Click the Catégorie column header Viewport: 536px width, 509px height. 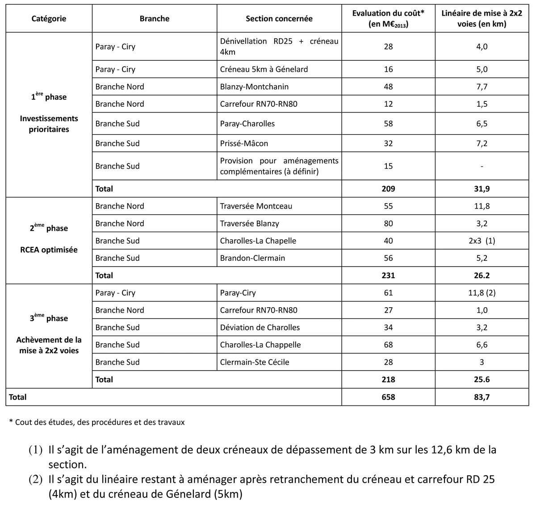49,19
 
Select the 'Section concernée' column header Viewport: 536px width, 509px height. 279,19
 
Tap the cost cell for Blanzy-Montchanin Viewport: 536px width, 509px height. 388,87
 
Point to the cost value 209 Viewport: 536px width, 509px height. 388,189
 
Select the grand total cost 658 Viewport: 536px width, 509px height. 388,397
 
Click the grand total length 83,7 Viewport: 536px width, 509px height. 482,397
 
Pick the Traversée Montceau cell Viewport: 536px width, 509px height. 256,206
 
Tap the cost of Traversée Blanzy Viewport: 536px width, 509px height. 388,223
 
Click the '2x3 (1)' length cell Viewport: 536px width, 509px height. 482,241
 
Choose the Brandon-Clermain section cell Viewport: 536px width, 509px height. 252,258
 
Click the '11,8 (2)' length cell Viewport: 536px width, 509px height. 482,293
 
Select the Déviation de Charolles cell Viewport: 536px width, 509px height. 260,327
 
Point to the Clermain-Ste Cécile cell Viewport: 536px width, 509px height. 254,362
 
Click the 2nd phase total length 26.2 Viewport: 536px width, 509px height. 482,275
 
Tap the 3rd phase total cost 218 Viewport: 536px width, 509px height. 388,380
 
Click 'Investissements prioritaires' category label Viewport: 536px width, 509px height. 49,124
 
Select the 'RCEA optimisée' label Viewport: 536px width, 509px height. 49,250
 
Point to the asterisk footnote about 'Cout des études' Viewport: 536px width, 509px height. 97,422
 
